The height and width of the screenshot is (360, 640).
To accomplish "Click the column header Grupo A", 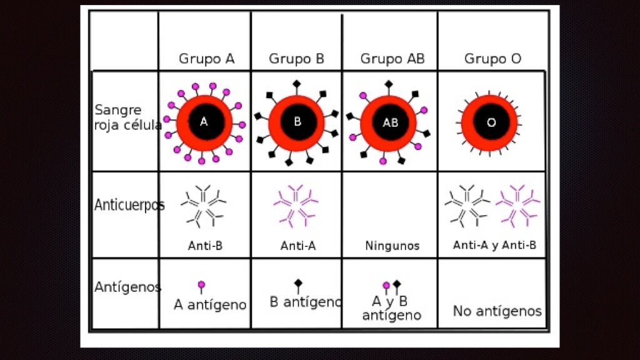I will click(x=207, y=59).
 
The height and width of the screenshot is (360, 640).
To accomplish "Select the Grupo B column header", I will click(x=297, y=59).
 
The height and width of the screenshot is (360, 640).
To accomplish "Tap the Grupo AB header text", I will click(x=392, y=59).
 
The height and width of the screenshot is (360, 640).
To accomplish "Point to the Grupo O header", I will click(x=492, y=59).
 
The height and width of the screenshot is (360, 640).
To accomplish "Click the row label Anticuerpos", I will click(x=129, y=205).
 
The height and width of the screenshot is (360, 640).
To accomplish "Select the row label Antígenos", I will click(x=127, y=287).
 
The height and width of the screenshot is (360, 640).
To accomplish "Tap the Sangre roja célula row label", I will click(x=127, y=117).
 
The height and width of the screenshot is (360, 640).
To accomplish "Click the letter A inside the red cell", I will click(x=204, y=122).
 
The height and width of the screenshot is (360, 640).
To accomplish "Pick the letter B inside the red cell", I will click(x=297, y=122).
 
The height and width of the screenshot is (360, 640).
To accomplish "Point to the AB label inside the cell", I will click(x=390, y=123).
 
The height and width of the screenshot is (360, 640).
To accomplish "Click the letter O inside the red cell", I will click(x=491, y=123).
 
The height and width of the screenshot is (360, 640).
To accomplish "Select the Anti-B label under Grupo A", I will click(x=205, y=246).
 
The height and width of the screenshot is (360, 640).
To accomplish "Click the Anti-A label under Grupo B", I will click(x=298, y=246).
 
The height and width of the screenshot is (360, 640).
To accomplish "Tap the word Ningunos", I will click(x=392, y=246).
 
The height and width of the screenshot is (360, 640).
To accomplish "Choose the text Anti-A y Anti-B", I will click(x=494, y=245).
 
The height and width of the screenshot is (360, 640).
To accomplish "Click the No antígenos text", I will click(x=497, y=311).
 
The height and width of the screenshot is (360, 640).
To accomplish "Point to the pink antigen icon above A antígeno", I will click(x=201, y=286).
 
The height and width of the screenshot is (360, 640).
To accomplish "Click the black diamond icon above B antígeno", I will click(x=298, y=284).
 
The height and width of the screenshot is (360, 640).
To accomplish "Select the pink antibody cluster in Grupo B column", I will click(x=296, y=204).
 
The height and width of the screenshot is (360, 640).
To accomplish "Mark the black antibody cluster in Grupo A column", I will click(x=203, y=204).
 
